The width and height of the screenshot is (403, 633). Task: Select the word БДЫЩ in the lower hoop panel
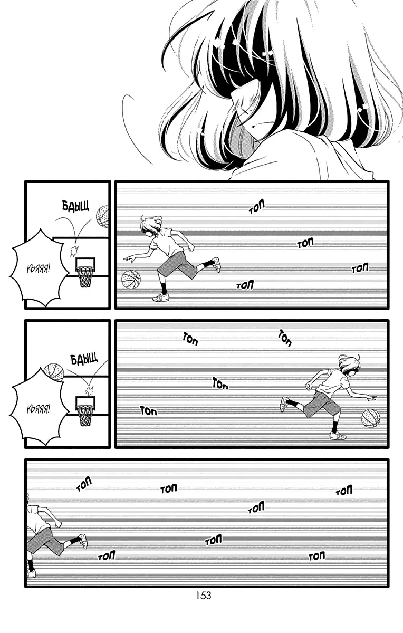(84, 359)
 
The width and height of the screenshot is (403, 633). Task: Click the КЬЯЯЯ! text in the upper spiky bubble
(39, 267)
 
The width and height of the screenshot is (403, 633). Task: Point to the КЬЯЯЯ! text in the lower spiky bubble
(39, 409)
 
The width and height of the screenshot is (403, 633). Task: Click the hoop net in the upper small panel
(84, 276)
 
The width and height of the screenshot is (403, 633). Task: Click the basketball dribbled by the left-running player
(131, 280)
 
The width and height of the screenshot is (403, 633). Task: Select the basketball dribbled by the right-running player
(371, 418)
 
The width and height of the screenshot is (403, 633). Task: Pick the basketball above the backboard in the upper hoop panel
(102, 216)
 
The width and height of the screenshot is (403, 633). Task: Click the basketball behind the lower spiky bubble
(54, 372)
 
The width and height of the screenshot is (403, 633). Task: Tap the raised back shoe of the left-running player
(216, 264)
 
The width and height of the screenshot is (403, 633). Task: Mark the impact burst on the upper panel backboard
(74, 251)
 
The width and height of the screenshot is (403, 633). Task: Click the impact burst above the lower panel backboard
(89, 391)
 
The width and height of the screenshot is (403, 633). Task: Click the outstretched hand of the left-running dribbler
(131, 258)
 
